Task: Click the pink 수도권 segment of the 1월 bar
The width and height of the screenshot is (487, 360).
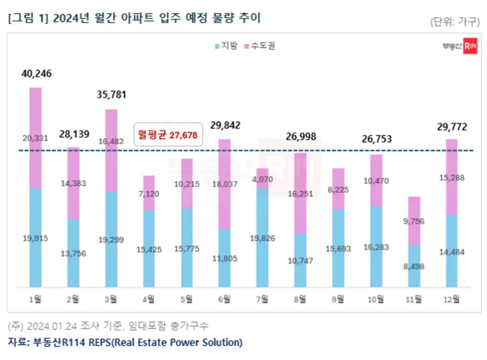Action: [x=36, y=138]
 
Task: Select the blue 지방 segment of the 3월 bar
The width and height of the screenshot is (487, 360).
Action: [x=111, y=239]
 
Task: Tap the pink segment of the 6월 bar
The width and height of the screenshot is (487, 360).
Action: [x=224, y=184]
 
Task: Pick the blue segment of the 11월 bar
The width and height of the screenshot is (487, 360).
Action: [x=413, y=266]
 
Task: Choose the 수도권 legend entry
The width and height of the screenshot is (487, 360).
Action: [x=259, y=46]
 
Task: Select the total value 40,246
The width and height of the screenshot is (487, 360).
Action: [x=36, y=74]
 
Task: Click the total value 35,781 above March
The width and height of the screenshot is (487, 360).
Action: [x=112, y=95]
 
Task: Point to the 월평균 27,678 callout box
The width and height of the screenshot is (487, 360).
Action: [x=168, y=134]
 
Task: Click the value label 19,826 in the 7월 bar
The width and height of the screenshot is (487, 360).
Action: [x=263, y=238]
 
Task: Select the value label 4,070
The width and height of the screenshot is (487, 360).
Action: [x=263, y=179]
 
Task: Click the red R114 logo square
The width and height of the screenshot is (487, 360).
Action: [x=470, y=46]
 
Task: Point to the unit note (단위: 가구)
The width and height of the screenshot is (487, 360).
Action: [x=452, y=22]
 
